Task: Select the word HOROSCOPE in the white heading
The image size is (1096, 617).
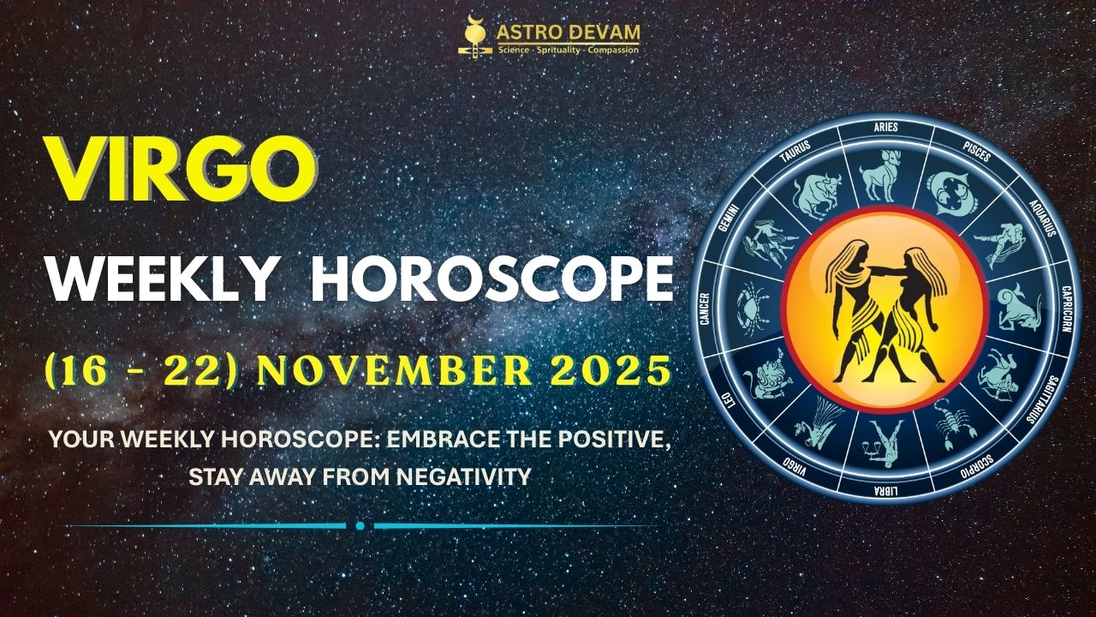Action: [491, 278]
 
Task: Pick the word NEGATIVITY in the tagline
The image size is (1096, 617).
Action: [464, 476]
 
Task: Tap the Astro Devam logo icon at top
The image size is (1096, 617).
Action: [473, 38]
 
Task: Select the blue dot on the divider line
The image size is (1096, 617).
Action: [360, 525]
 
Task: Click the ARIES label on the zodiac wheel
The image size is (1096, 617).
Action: [885, 127]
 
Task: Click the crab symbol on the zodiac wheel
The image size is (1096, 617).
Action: [752, 308]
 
